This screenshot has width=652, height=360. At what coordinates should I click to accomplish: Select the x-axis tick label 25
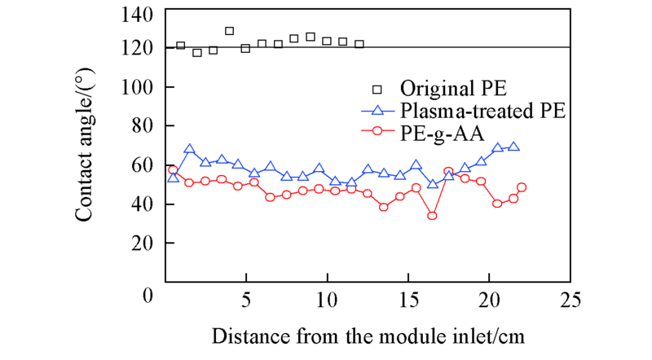pos(570,301)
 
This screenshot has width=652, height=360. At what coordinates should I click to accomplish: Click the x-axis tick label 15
pos(407,301)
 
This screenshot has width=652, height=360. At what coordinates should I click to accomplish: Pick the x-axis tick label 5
pos(247,301)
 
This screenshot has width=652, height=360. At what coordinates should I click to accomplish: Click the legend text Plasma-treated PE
pos(483,109)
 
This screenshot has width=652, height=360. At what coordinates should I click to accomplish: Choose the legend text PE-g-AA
pos(438,130)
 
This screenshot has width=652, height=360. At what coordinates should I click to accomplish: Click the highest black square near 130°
pos(229,31)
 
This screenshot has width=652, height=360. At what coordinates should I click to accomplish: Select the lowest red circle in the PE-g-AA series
pos(432,216)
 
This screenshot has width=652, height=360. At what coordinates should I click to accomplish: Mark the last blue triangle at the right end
pos(513,147)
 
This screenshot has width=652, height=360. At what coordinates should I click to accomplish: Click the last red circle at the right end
pos(522,187)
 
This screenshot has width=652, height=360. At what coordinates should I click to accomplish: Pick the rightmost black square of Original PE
pos(359,44)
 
